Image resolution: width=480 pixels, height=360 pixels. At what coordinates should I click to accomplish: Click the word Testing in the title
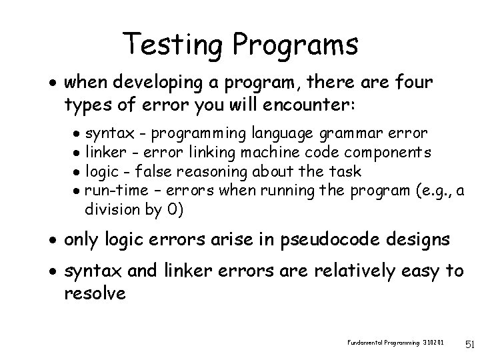point(176,45)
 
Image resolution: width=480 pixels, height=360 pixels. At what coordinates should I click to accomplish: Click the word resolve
point(95,292)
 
